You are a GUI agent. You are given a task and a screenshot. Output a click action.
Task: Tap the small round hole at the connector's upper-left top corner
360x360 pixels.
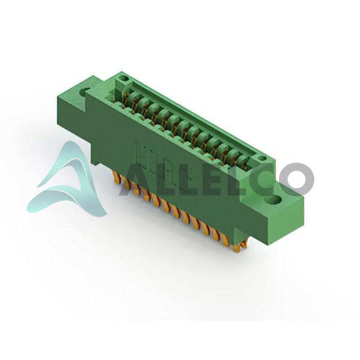pyautogui.click(x=125, y=78)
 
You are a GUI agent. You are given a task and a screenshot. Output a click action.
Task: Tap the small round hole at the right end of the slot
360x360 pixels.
pyautogui.click(x=262, y=158)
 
